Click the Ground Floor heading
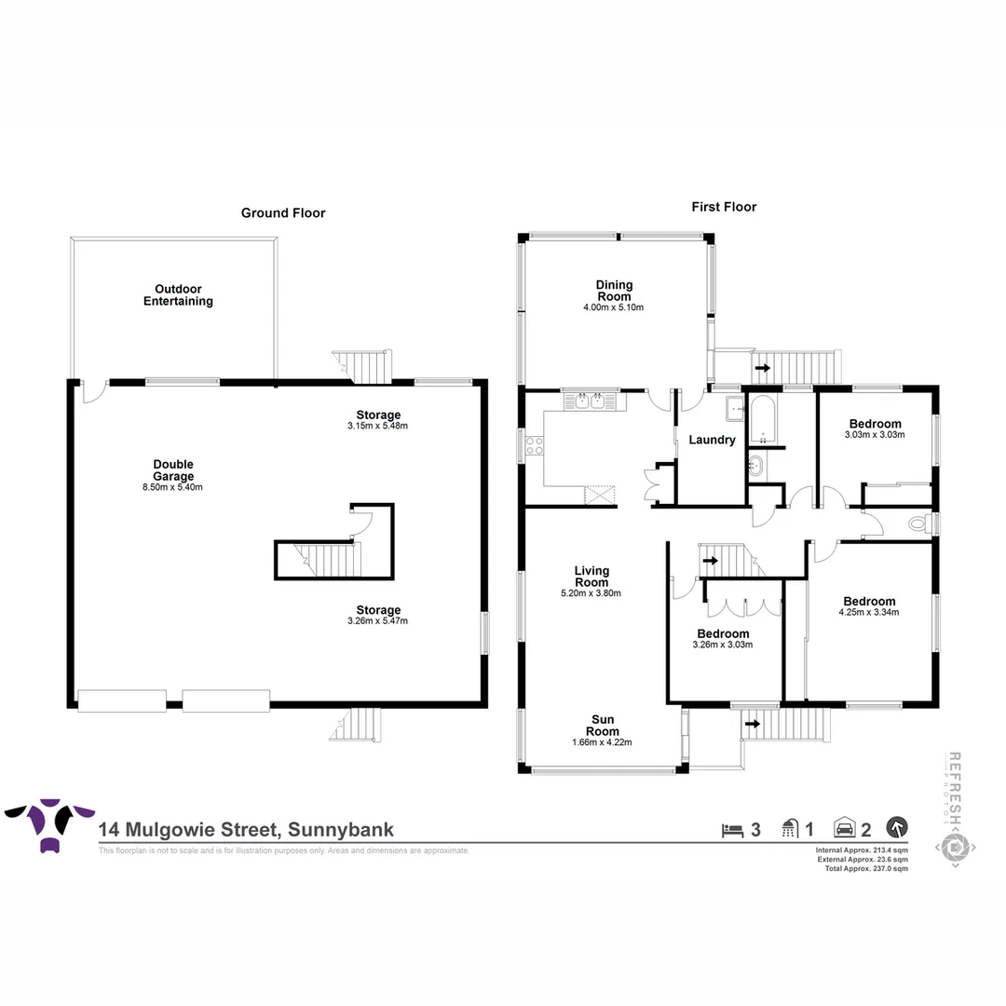point(283,213)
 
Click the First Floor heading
point(724,207)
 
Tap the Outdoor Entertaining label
point(178,295)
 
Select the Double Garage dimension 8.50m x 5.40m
point(174,487)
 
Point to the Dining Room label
point(614,291)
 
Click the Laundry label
point(712,440)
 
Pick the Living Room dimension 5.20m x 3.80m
point(591,592)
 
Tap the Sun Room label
point(602,725)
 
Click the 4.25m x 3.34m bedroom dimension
point(869,613)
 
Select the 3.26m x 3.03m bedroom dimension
point(723,645)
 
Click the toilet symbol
point(922,524)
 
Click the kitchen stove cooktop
point(535,446)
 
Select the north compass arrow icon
point(897,826)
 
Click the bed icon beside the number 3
point(732,828)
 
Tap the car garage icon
point(844,827)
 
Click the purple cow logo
point(50,820)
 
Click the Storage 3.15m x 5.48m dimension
point(377,426)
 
